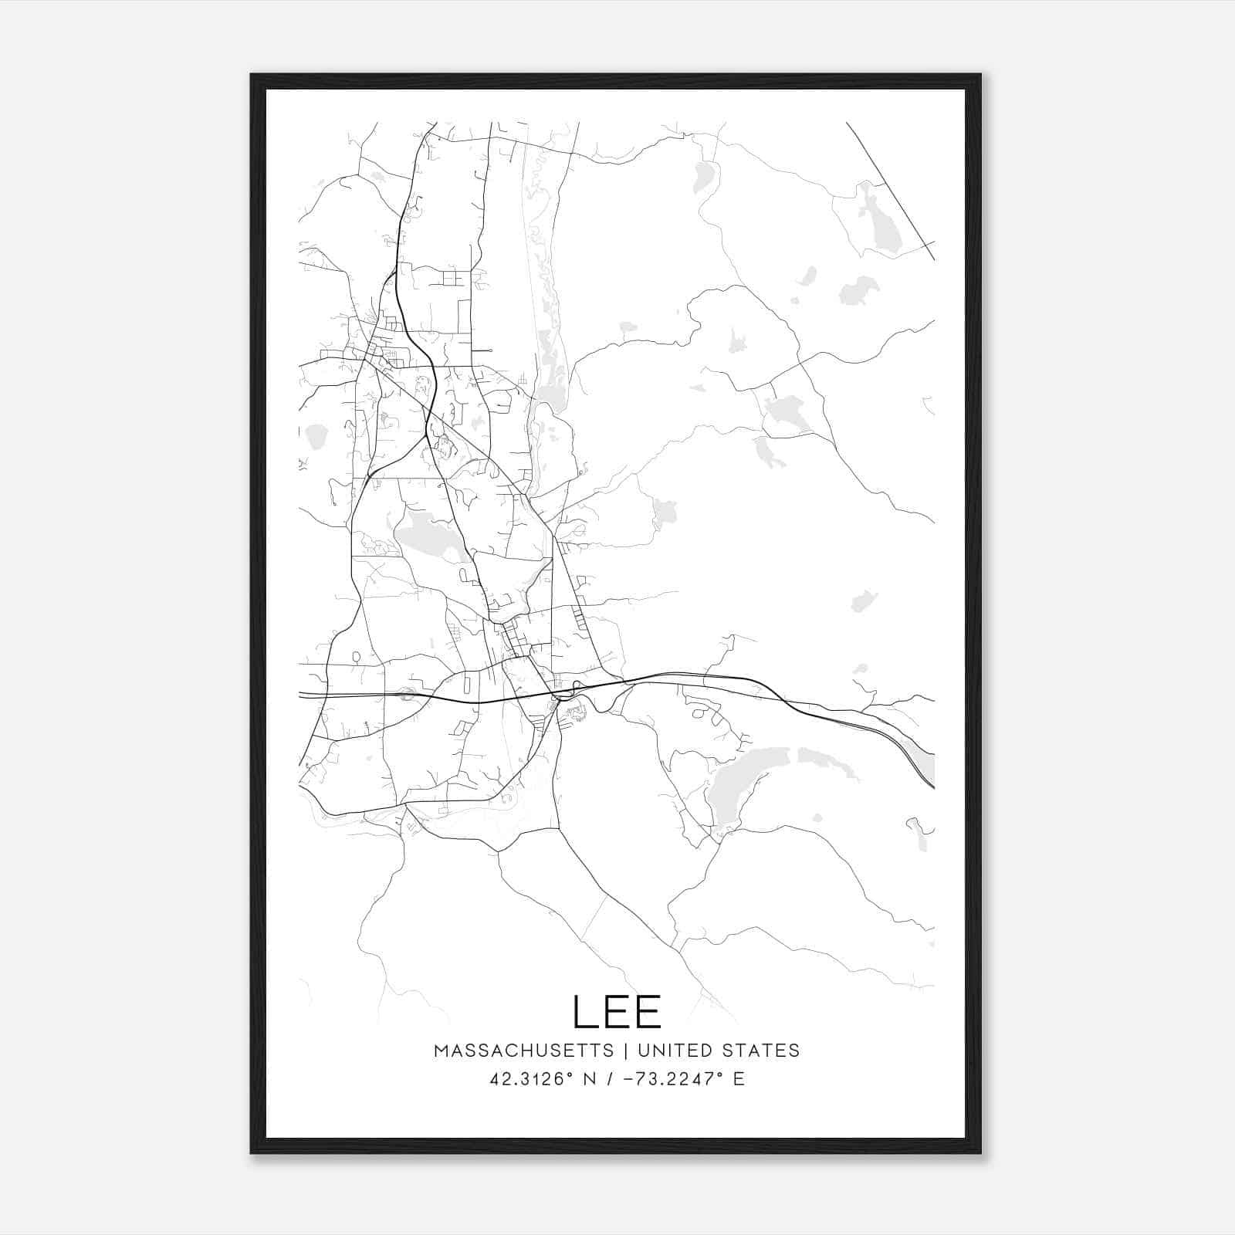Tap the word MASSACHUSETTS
click(523, 1051)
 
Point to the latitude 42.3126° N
click(540, 1078)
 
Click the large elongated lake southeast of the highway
click(733, 787)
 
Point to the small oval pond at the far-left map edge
click(316, 437)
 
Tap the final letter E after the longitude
click(739, 1078)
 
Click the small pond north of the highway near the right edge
click(863, 601)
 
